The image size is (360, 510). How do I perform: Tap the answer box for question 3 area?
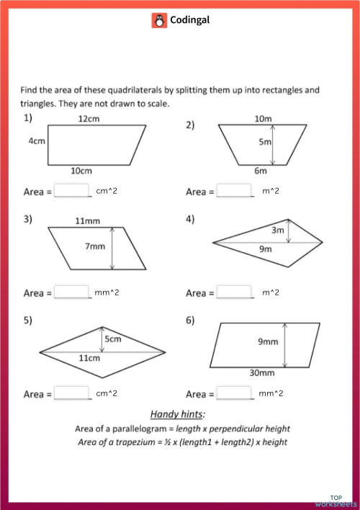[73, 292]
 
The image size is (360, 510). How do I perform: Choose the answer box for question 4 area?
[235, 292]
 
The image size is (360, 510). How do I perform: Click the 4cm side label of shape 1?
[37, 141]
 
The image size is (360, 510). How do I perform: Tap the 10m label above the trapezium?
[263, 118]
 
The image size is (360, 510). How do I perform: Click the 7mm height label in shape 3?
[95, 246]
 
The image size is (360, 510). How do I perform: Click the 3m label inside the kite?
[278, 231]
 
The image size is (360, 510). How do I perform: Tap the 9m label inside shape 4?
[266, 249]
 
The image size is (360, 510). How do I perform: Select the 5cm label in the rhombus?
[112, 339]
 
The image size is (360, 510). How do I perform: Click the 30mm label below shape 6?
[262, 373]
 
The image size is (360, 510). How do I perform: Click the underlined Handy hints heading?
[177, 413]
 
